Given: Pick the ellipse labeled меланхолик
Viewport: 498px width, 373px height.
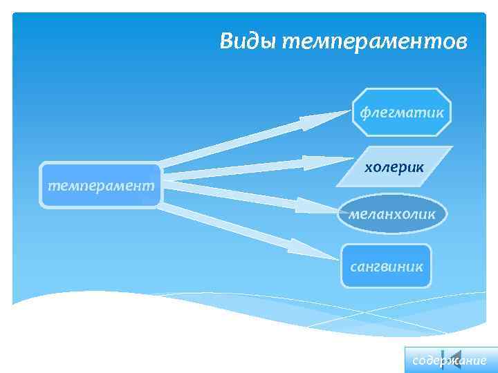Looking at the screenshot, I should pyautogui.click(x=392, y=213).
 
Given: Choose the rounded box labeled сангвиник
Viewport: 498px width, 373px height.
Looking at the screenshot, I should pyautogui.click(x=386, y=265).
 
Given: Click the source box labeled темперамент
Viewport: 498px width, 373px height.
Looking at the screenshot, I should pyautogui.click(x=101, y=185).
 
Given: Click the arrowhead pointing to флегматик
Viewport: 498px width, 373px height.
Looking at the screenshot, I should pyautogui.click(x=311, y=122).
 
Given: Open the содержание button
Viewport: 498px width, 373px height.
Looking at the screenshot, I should pyautogui.click(x=450, y=360).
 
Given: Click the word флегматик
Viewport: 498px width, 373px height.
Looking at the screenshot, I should pyautogui.click(x=401, y=112).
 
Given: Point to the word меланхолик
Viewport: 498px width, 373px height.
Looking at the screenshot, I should pyautogui.click(x=392, y=214).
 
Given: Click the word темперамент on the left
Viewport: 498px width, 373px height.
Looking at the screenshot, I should pyautogui.click(x=101, y=186).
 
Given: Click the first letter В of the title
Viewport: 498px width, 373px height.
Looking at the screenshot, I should pyautogui.click(x=227, y=41).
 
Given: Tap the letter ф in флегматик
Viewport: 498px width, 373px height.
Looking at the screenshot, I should pyautogui.click(x=364, y=112).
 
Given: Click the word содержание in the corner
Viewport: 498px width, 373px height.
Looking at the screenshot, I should pyautogui.click(x=450, y=361).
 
